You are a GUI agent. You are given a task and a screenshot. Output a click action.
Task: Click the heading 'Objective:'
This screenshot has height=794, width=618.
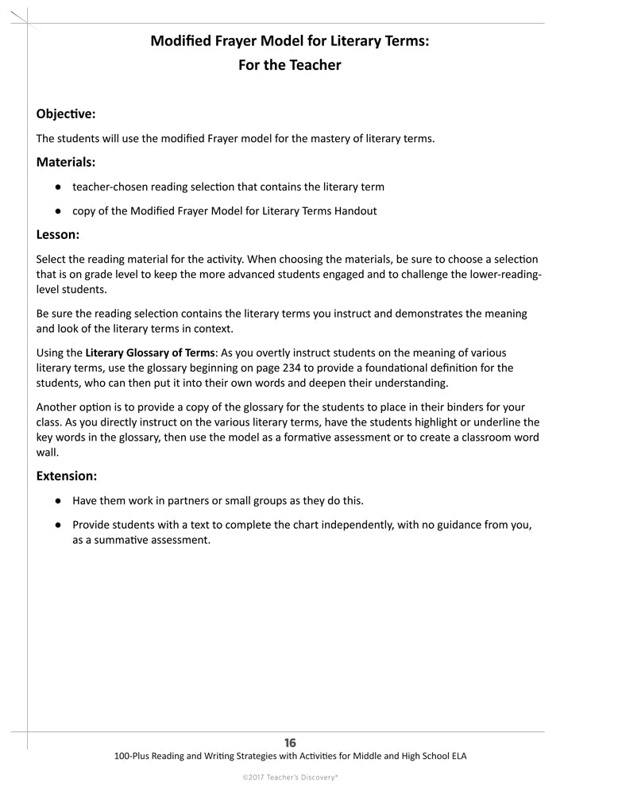click(x=66, y=114)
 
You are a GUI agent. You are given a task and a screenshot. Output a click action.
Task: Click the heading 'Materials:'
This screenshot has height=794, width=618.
click(x=66, y=162)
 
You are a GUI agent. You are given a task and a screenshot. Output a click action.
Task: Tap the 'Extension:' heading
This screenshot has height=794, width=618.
click(x=67, y=476)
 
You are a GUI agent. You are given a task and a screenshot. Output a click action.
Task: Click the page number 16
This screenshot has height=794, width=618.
click(x=290, y=743)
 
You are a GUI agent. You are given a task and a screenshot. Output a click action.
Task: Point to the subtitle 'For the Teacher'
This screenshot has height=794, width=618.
click(x=289, y=65)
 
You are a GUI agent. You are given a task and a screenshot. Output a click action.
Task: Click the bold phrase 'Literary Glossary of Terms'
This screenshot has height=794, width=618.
click(x=149, y=352)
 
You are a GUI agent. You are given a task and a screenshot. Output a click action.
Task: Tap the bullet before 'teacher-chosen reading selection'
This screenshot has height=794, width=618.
click(x=59, y=187)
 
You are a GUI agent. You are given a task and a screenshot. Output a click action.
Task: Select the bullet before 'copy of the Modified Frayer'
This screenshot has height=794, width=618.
click(x=59, y=211)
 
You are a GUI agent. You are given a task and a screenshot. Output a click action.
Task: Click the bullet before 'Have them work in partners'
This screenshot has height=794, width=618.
click(x=59, y=501)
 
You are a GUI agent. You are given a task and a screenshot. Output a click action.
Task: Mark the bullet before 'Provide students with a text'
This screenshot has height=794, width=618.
click(x=59, y=525)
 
